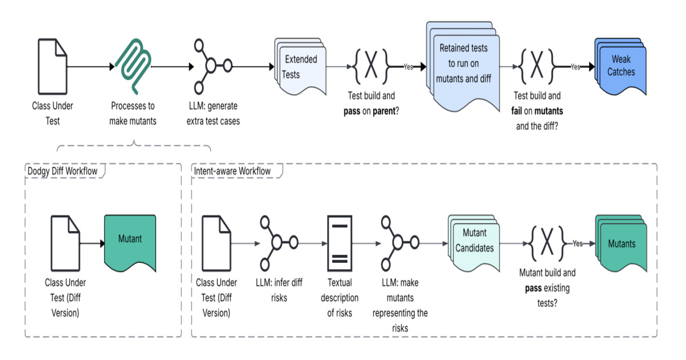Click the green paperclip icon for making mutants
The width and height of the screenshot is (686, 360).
pyautogui.click(x=133, y=66)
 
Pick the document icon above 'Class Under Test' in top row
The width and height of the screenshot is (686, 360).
pyautogui.click(x=52, y=66)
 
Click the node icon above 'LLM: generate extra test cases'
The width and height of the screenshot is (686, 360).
pyautogui.click(x=211, y=66)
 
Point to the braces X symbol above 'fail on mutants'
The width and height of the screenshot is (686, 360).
pyautogui.click(x=538, y=66)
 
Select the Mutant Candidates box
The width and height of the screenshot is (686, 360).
pyautogui.click(x=474, y=242)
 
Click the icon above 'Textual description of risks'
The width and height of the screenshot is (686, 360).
pyautogui.click(x=340, y=243)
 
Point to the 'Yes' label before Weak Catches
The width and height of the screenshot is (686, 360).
pyautogui.click(x=575, y=67)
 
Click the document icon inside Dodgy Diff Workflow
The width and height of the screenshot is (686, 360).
pyautogui.click(x=65, y=243)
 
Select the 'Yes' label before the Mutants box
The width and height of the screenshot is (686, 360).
pyautogui.click(x=577, y=243)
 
